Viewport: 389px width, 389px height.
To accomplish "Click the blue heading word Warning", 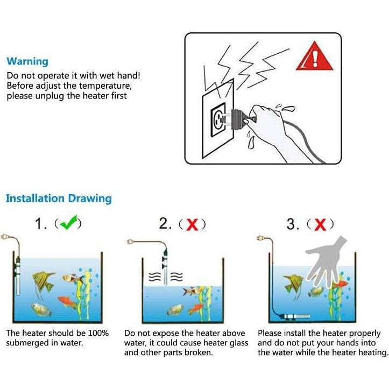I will pos(27,62).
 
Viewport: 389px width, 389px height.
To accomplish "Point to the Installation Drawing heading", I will pos(59,199).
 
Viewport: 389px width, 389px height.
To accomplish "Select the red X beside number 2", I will pos(192,225).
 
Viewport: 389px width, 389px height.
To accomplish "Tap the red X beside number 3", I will pos(320,225).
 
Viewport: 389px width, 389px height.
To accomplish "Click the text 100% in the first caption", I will pos(98,334).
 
